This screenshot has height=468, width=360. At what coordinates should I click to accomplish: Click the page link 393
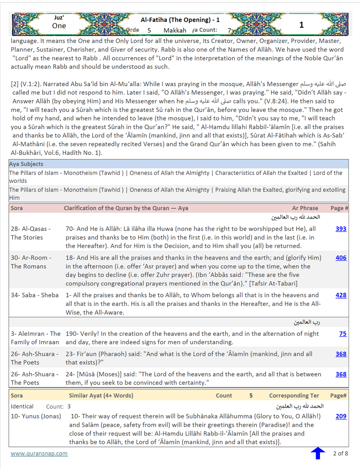coord(341,229)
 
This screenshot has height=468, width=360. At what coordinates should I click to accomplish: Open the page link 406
coord(341,258)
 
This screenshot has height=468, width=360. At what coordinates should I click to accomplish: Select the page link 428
coord(341,295)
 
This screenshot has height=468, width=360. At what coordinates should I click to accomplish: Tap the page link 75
coord(343,334)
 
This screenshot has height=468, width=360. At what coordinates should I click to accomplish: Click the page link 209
coord(341,416)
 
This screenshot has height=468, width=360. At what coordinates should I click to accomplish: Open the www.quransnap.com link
coord(39,454)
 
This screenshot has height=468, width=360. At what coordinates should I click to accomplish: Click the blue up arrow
coord(318,453)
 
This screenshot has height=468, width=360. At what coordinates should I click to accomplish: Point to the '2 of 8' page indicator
coord(341,454)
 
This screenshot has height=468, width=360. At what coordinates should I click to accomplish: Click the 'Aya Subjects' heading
coord(26,164)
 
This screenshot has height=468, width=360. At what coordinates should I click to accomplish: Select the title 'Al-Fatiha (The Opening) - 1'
coord(180,19)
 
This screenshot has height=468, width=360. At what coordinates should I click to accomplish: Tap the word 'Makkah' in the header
coord(175,30)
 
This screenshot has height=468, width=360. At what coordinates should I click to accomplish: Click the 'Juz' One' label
coord(59,22)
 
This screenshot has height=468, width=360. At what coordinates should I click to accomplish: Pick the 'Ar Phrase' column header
coord(305,208)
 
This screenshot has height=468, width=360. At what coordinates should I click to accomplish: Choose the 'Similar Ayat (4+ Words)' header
coord(101,396)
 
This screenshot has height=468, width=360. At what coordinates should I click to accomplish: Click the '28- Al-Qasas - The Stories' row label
coord(31,233)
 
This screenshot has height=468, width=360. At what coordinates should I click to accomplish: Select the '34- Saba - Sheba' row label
coord(35,295)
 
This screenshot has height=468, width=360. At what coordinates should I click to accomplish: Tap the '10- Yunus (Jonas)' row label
coord(36,416)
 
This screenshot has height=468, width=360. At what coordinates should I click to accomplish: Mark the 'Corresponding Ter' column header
coord(294,396)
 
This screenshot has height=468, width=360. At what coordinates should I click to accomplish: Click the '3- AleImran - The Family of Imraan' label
coord(35,338)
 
